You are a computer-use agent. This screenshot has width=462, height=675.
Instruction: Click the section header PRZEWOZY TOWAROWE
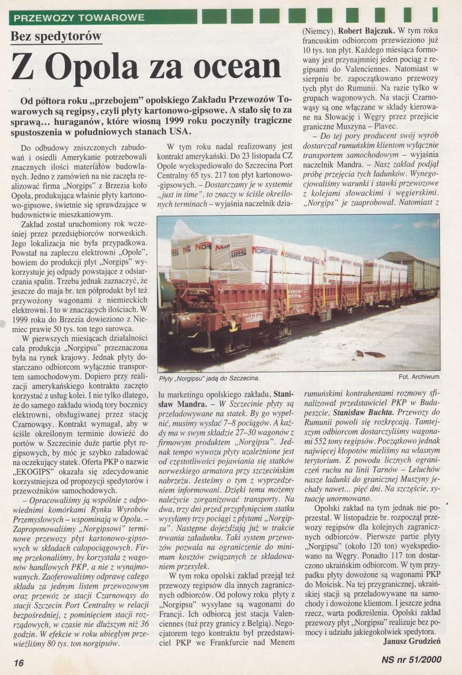tap(79, 17)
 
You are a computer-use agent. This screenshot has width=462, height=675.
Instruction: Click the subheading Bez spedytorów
tap(56, 37)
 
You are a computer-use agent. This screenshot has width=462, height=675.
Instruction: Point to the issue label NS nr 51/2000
tap(411, 659)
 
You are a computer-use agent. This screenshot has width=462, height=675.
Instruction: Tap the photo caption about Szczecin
tap(209, 378)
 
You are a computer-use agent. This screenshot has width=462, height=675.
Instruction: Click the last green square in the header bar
tap(435, 15)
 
